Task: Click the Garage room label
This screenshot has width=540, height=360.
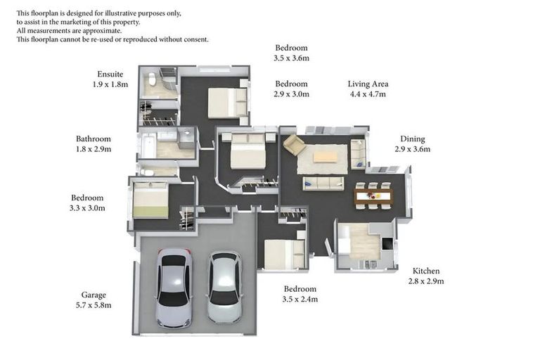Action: [94, 295]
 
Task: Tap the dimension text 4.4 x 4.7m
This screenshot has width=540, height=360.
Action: [367, 94]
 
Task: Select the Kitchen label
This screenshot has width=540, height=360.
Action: [426, 271]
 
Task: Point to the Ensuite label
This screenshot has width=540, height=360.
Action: [110, 74]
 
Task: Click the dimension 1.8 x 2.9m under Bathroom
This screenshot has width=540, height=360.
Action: [94, 149]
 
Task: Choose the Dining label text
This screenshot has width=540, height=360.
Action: [413, 139]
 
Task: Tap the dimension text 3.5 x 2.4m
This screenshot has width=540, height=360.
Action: [300, 299]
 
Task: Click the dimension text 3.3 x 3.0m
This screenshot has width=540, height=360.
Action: [88, 208]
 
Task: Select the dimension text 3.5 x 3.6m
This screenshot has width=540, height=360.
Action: [291, 58]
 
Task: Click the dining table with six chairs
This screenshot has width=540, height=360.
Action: [373, 195]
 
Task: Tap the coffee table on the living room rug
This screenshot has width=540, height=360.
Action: [325, 157]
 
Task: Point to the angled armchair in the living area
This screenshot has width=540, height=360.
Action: [294, 146]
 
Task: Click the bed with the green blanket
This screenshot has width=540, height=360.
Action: [150, 201]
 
